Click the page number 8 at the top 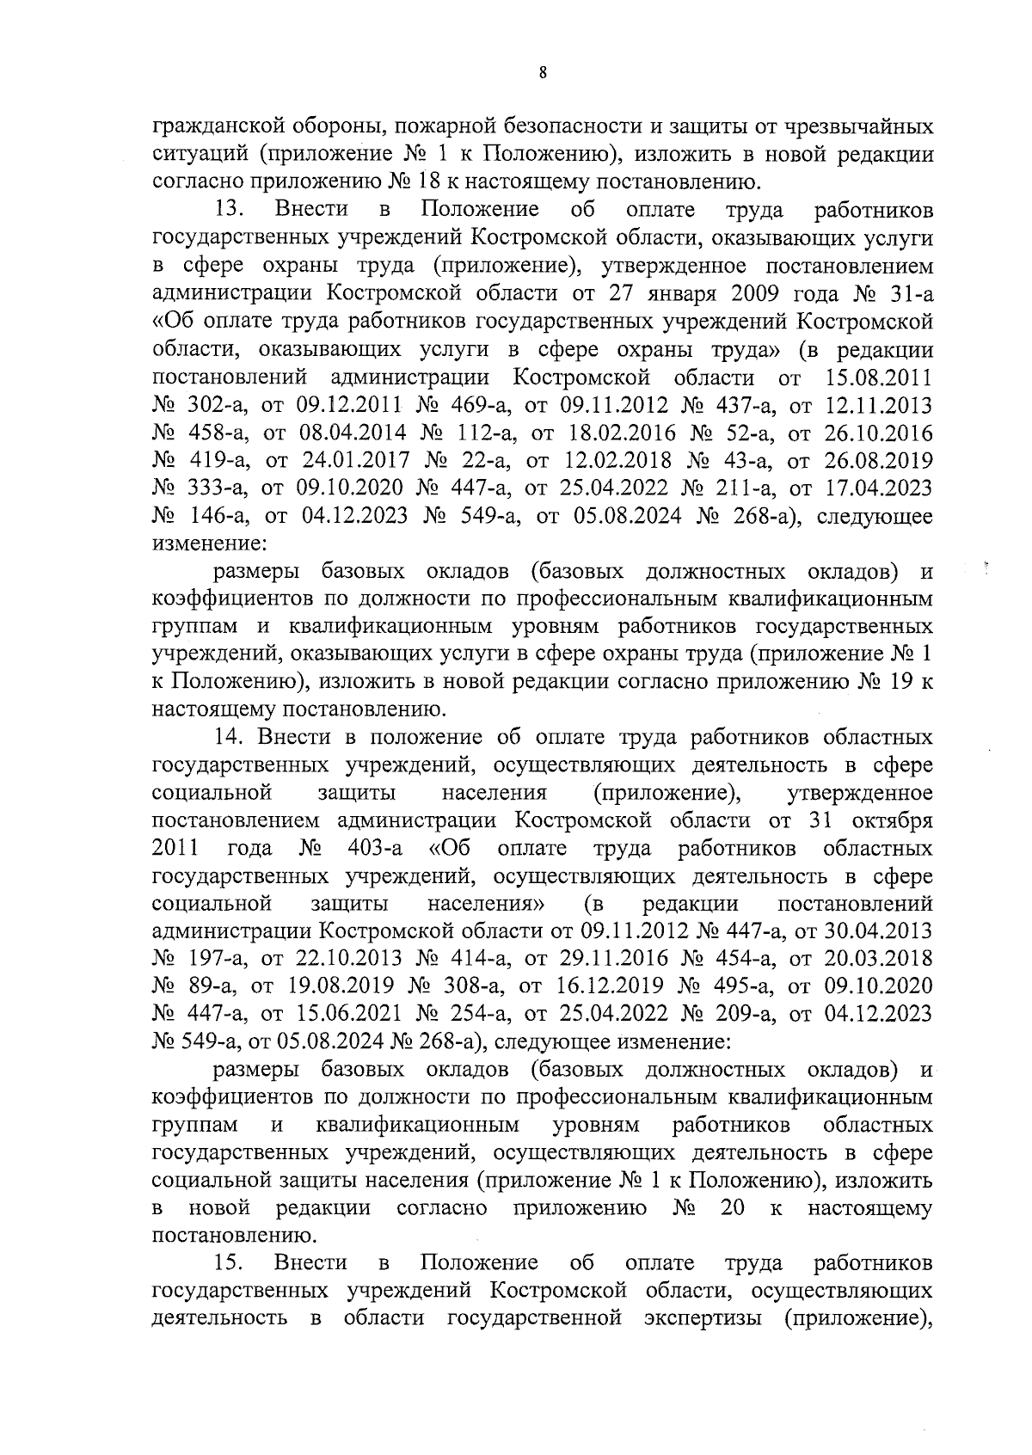[542, 74]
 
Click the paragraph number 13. [232, 210]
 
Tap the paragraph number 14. [229, 737]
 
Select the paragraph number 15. [232, 1262]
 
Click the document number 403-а [376, 849]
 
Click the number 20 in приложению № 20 [732, 1208]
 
